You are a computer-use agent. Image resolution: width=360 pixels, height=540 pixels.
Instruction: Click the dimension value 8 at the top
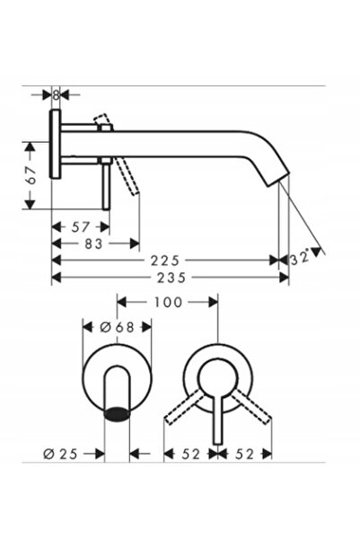tap(56, 94)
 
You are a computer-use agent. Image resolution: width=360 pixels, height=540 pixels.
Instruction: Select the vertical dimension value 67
tap(31, 175)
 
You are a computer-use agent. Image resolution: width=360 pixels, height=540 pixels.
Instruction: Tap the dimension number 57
tap(80, 227)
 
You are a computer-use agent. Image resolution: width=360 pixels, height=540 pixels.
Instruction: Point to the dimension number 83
tap(93, 243)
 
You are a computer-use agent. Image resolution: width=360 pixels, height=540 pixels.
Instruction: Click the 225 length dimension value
tap(165, 261)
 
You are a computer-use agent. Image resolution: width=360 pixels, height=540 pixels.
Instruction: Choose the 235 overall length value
tap(171, 278)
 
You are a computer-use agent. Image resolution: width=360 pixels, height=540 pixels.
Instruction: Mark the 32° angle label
tap(300, 257)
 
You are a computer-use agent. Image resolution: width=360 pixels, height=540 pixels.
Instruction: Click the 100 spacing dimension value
tap(168, 303)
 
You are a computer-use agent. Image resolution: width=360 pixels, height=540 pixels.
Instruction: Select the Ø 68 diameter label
tap(117, 327)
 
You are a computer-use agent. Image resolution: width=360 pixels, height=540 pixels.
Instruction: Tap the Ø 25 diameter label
tap(60, 455)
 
